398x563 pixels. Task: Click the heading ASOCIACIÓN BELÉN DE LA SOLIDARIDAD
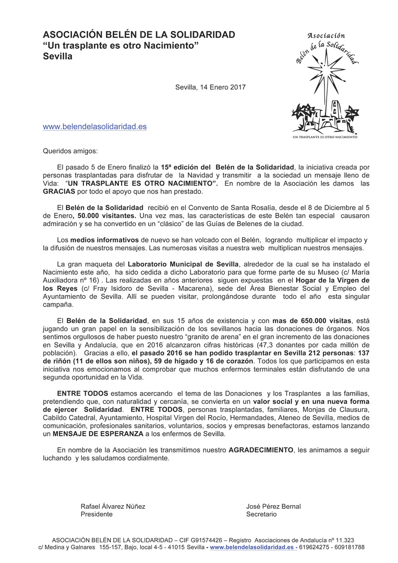(x=139, y=35)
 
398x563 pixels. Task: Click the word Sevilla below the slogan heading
(x=57, y=56)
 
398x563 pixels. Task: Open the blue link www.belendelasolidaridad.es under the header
(x=94, y=126)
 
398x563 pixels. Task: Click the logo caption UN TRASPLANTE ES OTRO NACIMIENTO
(x=324, y=137)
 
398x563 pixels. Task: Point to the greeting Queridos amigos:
(x=70, y=151)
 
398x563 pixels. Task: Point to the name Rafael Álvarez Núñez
(x=113, y=506)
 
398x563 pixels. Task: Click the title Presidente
(x=97, y=514)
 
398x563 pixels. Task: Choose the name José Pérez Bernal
(x=273, y=506)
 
